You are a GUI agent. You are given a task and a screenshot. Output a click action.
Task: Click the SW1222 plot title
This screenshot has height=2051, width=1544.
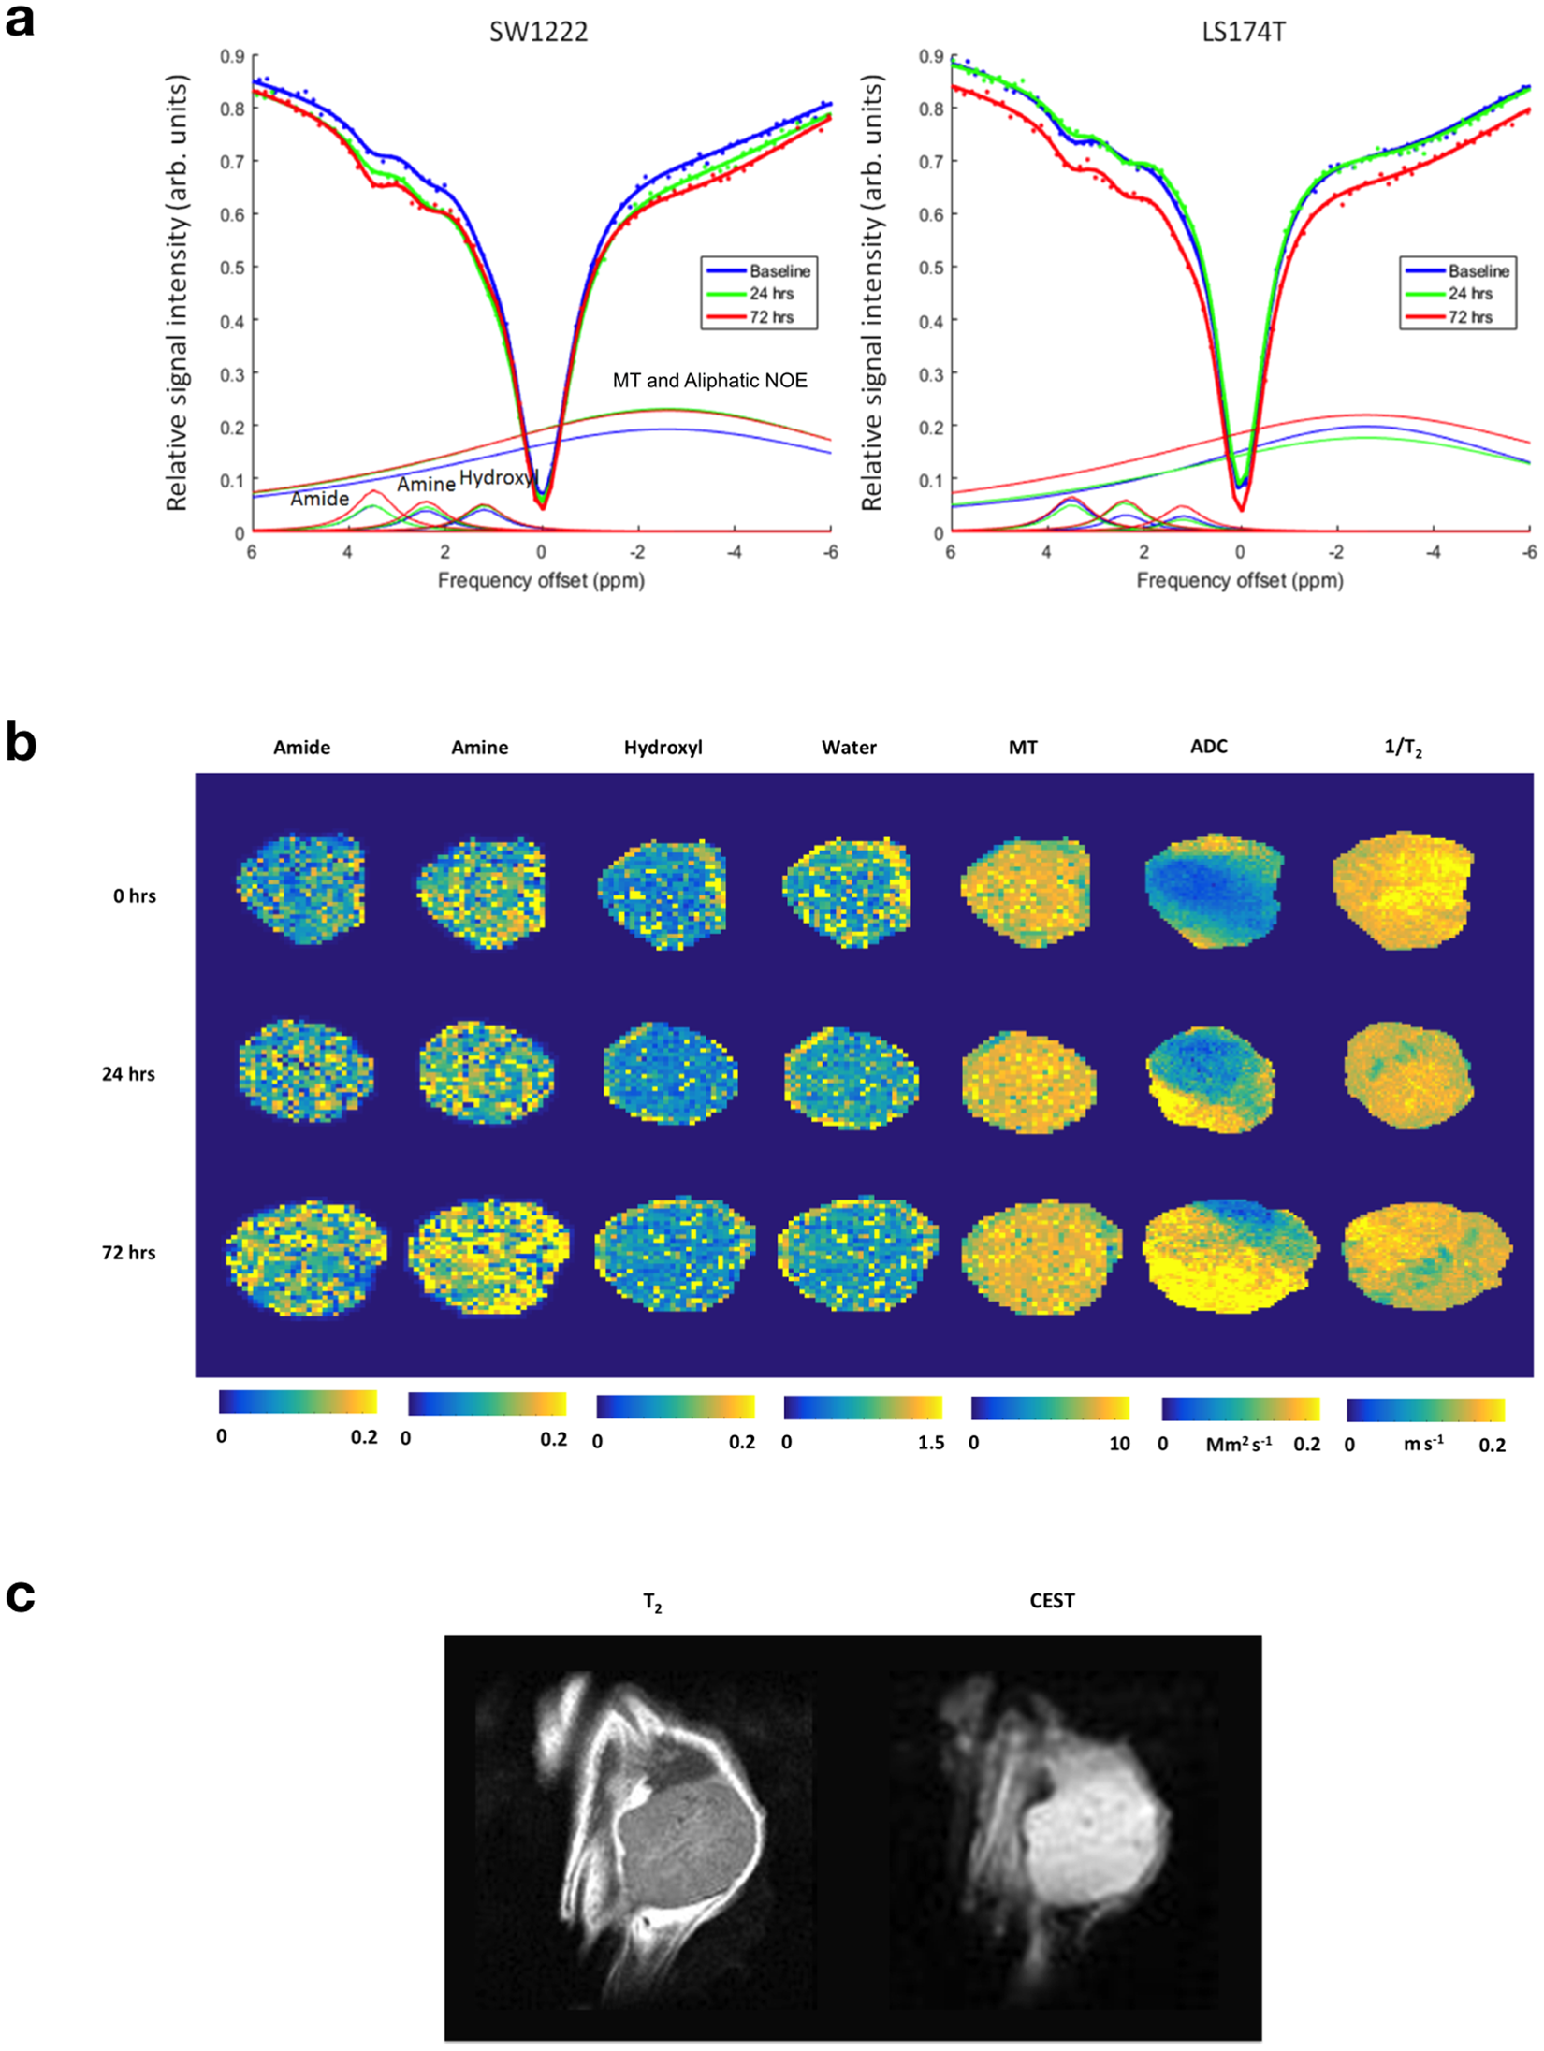click(538, 32)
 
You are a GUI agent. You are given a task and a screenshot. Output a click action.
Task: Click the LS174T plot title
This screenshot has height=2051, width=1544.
click(1243, 32)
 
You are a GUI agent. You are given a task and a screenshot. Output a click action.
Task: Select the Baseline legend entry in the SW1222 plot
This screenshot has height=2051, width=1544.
click(779, 271)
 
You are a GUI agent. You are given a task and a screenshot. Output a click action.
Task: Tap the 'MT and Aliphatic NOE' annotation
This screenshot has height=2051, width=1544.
click(709, 381)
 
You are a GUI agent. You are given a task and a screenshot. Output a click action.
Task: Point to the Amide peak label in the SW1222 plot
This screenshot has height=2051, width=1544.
click(319, 499)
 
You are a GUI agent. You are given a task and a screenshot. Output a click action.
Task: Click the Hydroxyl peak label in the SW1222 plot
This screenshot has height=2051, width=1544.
click(498, 477)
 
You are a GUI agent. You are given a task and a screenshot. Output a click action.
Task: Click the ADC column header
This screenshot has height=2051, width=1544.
click(1208, 747)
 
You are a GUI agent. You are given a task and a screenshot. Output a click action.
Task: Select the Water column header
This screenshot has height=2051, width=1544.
click(849, 748)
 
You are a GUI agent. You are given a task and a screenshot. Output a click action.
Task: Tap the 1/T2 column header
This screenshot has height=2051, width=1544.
click(1403, 748)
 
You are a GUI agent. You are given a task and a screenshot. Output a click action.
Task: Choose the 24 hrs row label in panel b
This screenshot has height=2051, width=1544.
click(128, 1074)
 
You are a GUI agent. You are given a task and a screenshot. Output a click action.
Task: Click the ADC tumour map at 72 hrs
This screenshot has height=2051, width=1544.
click(1230, 1255)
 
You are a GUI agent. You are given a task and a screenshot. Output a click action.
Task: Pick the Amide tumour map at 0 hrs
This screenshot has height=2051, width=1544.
click(301, 887)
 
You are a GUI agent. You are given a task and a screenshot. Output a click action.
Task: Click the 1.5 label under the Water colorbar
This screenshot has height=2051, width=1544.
click(930, 1443)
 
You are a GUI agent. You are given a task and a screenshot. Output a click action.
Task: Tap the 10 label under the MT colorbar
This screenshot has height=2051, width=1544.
click(1119, 1444)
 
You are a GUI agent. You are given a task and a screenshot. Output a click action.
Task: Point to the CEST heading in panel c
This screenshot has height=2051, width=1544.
click(1052, 1601)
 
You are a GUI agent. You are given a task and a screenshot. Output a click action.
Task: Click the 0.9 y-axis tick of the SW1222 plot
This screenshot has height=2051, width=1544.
click(232, 56)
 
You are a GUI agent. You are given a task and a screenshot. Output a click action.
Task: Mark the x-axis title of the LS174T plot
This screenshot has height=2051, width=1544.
click(1239, 581)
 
